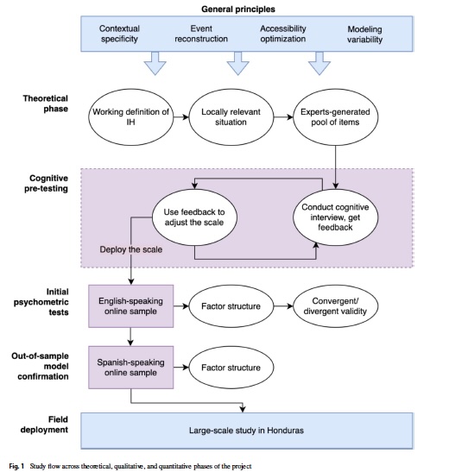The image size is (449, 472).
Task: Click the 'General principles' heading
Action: (238, 9)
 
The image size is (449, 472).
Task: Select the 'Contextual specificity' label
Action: (119, 34)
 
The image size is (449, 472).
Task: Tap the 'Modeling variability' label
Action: (364, 35)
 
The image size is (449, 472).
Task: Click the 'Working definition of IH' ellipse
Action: (130, 117)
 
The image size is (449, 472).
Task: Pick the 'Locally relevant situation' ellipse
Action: (231, 117)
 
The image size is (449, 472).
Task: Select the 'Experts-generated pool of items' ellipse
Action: (335, 117)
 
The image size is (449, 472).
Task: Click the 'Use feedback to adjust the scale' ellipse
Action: (194, 217)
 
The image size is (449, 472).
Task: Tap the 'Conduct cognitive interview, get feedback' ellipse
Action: (335, 217)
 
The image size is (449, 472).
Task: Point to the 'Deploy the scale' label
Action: (131, 249)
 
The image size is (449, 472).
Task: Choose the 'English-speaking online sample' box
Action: (130, 306)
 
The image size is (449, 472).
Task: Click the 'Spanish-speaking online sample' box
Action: (130, 368)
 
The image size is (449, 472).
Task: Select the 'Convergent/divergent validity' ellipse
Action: (335, 306)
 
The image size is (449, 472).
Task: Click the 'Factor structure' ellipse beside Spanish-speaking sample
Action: (231, 368)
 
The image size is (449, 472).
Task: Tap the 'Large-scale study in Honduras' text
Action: (246, 431)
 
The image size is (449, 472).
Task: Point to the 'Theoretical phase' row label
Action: (46, 104)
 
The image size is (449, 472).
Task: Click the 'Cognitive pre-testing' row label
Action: (46, 183)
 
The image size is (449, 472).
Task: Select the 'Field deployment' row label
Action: (44, 425)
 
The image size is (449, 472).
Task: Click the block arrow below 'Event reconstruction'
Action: (237, 63)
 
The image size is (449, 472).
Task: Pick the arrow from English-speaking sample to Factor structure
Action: (181, 306)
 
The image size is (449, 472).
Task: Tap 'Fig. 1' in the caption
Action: (16, 466)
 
